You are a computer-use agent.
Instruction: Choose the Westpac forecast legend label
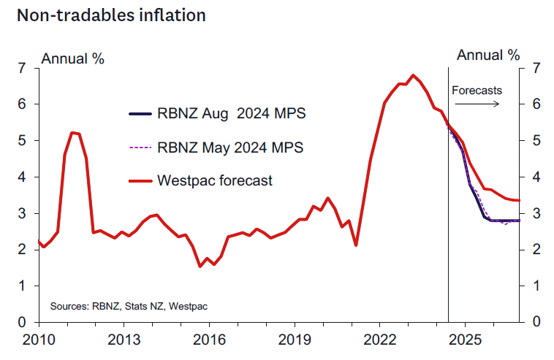(x=215, y=180)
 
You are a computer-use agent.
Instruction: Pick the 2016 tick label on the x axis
(x=208, y=340)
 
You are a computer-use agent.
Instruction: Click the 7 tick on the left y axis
(x=23, y=69)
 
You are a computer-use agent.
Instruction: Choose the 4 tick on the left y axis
(x=23, y=177)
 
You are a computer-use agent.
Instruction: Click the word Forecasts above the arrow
(x=477, y=91)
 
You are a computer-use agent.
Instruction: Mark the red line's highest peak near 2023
(x=414, y=75)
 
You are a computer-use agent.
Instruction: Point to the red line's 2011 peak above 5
(x=72, y=132)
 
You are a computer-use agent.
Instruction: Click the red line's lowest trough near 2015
(x=200, y=266)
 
